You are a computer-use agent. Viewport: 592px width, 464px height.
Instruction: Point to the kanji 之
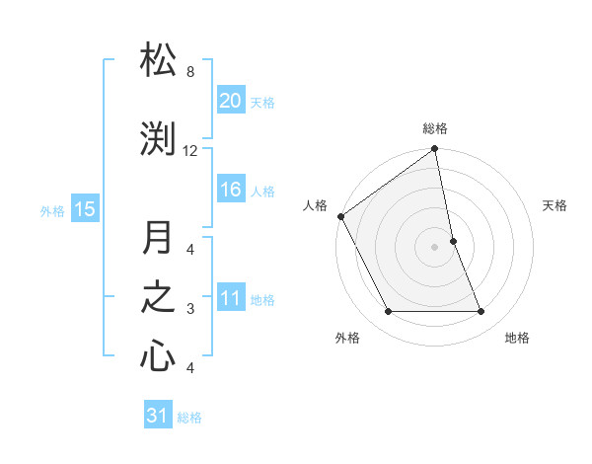(158, 298)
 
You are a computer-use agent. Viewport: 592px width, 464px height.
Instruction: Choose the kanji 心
(158, 356)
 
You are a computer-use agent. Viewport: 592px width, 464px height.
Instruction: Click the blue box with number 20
(230, 101)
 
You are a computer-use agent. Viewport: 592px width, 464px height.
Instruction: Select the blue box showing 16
(230, 191)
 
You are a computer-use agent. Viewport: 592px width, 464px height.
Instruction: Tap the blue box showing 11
(230, 299)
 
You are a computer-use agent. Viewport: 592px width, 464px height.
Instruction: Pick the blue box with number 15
(84, 208)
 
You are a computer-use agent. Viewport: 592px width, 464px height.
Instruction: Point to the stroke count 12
(190, 151)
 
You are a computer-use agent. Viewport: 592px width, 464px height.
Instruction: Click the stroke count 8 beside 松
(190, 72)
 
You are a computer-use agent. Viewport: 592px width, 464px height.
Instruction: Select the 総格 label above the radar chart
(435, 128)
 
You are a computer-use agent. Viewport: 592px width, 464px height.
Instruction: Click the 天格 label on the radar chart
(555, 205)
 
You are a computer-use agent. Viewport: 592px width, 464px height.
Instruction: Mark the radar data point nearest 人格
(340, 216)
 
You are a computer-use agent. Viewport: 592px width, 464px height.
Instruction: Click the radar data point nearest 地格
(481, 312)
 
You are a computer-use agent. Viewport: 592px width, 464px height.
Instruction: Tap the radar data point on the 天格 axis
(453, 241)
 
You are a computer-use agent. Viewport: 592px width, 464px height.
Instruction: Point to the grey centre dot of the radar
(435, 247)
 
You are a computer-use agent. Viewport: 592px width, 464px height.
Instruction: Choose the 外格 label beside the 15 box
(51, 209)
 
